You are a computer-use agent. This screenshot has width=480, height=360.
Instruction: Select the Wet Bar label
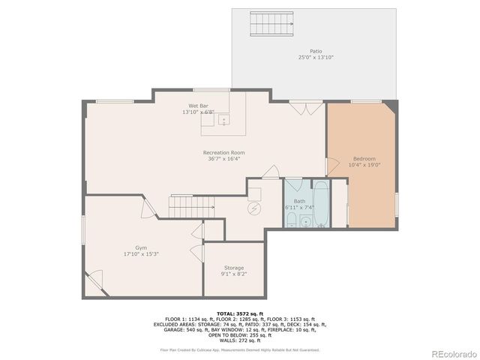tap(198, 106)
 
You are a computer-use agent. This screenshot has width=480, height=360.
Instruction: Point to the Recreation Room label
tap(223, 153)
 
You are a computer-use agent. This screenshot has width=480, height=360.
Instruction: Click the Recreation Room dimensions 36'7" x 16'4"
tap(223, 159)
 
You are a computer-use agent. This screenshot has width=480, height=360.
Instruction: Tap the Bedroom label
tap(364, 159)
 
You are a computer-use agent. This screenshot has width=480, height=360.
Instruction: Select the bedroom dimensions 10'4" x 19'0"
tap(364, 165)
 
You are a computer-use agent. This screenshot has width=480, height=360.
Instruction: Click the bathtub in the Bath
tap(321, 203)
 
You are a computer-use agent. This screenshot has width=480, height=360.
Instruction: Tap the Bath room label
tap(299, 201)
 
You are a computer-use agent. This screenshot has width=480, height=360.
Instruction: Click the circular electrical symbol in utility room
tap(253, 210)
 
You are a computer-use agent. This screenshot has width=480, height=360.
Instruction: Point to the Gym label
tap(141, 247)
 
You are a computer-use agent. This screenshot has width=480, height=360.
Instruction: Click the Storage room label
tap(233, 268)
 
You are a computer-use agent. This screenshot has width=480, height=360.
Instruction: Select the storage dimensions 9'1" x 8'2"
tap(233, 274)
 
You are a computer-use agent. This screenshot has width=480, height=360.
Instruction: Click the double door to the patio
tap(304, 109)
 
